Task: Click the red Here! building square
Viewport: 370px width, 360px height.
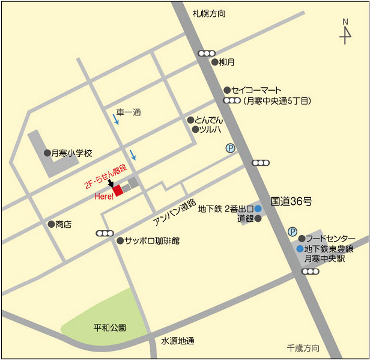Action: [x=118, y=190]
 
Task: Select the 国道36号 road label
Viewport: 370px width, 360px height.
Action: [x=291, y=202]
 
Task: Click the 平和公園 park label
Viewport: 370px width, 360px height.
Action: [x=110, y=328]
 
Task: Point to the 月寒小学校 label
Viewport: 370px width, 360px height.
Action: [x=72, y=153]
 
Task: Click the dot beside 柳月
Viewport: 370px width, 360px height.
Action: [x=214, y=62]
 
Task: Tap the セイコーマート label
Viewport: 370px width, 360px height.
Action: [x=256, y=90]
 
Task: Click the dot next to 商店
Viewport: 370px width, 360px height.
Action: [x=51, y=224]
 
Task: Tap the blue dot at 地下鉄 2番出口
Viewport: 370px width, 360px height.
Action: [x=258, y=209]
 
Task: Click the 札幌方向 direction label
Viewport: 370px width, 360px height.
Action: [x=209, y=13]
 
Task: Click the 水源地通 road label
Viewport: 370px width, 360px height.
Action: [x=178, y=341]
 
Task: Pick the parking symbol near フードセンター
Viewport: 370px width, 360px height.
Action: [x=293, y=231]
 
